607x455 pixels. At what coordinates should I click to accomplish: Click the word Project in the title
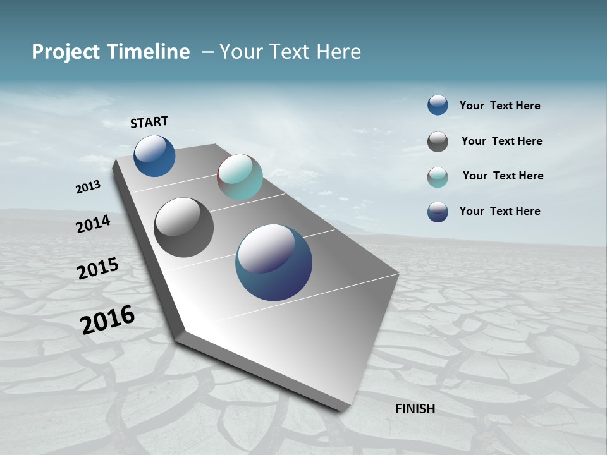65,52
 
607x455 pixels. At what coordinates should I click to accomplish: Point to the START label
149,122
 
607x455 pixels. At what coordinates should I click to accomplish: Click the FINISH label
415,409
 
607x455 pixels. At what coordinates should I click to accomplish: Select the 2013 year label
88,187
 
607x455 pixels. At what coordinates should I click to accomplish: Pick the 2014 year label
93,224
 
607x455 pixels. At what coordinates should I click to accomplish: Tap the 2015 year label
98,269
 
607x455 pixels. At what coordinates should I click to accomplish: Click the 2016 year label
107,319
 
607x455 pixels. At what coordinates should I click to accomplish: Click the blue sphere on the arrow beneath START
154,155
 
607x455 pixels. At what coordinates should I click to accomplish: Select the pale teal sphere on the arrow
240,177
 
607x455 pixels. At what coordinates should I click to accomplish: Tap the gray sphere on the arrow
183,227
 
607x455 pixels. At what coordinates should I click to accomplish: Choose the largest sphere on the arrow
274,262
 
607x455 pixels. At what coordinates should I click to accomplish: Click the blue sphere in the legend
438,105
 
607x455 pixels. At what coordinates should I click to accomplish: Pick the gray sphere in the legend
438,142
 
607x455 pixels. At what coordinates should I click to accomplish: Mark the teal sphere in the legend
438,177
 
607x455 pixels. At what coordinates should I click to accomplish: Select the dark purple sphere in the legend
438,212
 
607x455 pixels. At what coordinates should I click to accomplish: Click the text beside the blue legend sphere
500,106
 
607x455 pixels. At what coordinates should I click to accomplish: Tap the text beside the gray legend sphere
501,141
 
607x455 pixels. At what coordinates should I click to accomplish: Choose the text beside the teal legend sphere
503,176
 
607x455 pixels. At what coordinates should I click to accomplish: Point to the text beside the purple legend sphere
500,211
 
